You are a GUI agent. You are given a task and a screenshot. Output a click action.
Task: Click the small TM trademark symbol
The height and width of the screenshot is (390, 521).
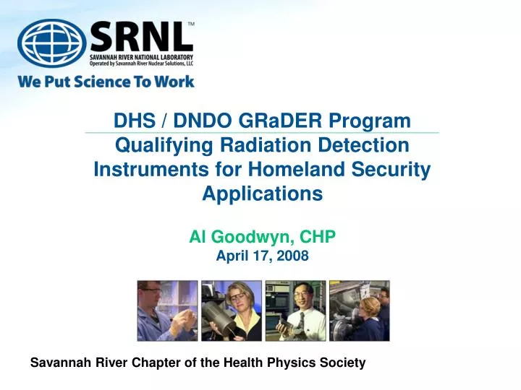pos(191,24)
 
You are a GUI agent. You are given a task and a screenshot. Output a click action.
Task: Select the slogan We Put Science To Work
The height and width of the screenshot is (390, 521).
pos(106,81)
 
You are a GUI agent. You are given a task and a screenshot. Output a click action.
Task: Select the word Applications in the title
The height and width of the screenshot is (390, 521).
pos(262,194)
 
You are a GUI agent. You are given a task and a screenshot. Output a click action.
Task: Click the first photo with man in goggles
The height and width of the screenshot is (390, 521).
pos(167,311)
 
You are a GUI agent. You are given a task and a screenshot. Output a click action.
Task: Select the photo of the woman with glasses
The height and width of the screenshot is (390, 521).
pos(231,311)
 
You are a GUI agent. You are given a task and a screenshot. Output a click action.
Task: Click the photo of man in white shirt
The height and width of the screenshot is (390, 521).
pos(295,311)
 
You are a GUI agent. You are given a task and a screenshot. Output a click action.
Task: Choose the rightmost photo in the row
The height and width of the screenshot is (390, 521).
pos(359,311)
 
